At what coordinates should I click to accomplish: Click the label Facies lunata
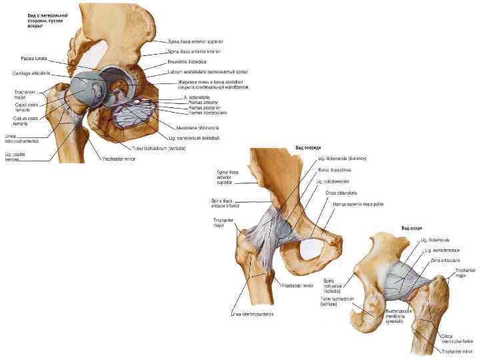pos(32,58)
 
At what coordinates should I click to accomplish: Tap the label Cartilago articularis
pos(28,73)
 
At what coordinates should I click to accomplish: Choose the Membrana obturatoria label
pos(197,127)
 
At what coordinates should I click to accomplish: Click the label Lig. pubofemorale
pos(333,181)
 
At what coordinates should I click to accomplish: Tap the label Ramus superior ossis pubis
pos(359,205)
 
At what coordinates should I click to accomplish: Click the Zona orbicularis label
pos(443,261)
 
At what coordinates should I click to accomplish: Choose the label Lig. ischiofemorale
pos(441,251)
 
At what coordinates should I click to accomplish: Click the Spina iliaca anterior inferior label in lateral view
pos(195,51)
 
